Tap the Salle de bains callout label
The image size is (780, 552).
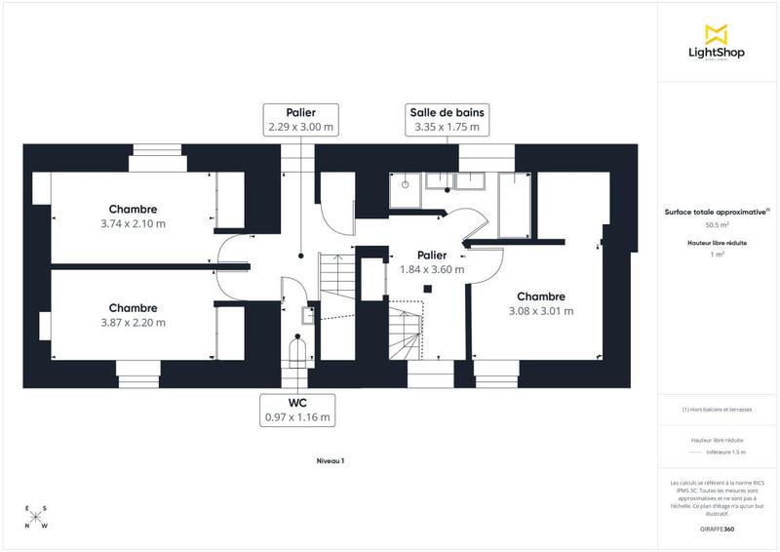coord(447,119)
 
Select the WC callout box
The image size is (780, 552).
coord(297,410)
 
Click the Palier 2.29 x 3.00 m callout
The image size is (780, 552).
coord(301,119)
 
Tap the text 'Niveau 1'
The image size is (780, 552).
coord(331,460)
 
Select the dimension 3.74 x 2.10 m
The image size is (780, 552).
coord(133,223)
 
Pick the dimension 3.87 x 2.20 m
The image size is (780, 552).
coord(133,323)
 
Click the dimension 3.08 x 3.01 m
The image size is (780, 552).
coord(541,311)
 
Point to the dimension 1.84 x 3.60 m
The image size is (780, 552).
coord(432,269)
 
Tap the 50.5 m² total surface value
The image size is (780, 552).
coord(717,224)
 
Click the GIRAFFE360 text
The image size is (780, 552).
coord(717,529)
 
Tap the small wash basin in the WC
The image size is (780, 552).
coord(307,315)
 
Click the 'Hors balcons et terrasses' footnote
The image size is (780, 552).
coord(717,410)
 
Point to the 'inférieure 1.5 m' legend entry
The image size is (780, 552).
coord(725,453)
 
